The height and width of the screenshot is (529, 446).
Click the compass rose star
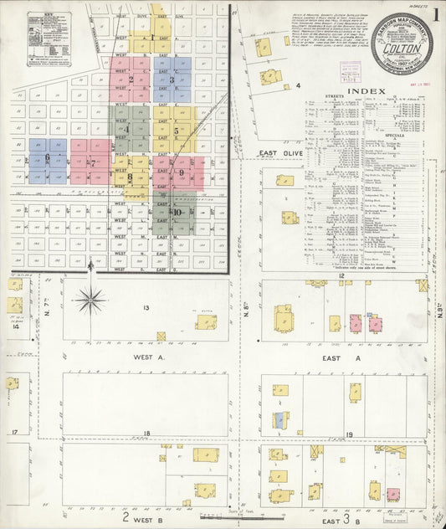point(90,297)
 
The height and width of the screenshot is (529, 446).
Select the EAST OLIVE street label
point(279,154)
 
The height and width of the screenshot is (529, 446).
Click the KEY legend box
point(49,39)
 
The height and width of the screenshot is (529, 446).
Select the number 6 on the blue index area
point(48,157)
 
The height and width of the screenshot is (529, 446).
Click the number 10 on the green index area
point(177,213)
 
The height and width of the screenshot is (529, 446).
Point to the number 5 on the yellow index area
point(176,131)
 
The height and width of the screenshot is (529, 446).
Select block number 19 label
point(349,434)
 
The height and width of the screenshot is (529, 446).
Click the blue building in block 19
point(279,420)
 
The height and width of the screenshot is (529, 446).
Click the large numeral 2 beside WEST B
point(126,517)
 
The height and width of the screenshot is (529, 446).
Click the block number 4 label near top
point(297,85)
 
